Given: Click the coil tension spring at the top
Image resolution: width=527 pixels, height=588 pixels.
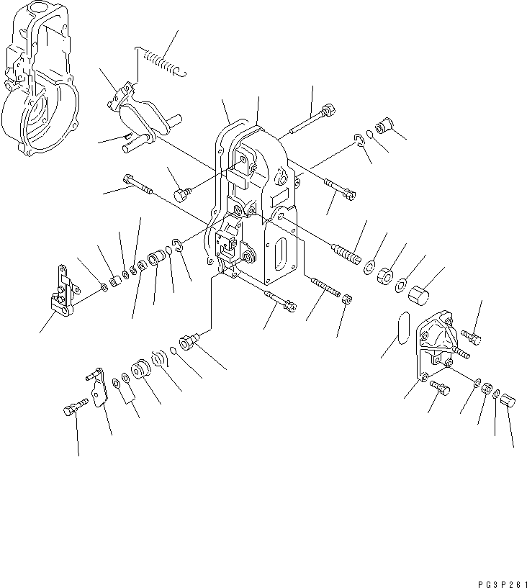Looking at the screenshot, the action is [x=160, y=60].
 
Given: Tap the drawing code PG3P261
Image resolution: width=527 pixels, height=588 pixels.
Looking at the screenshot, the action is [x=503, y=584].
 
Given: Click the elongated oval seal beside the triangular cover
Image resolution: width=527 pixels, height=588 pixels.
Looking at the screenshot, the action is [x=402, y=327].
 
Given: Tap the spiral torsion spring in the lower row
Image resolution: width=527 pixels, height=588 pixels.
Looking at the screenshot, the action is [x=161, y=358].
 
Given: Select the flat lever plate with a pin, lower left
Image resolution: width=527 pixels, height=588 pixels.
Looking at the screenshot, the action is [x=97, y=387].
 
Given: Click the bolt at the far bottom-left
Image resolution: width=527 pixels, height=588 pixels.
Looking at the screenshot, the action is [x=76, y=407].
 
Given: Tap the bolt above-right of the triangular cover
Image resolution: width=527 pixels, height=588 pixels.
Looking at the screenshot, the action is [x=471, y=336].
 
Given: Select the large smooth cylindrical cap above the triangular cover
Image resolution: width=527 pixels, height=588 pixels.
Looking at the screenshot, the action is [x=418, y=296].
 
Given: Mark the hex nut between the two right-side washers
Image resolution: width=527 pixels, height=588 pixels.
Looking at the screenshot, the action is [x=386, y=276].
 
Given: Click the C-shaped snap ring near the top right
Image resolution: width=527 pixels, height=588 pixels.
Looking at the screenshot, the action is [x=359, y=140].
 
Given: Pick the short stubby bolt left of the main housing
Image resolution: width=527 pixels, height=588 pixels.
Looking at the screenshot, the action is [x=183, y=194].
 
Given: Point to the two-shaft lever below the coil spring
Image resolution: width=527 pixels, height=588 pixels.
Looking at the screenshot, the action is [x=145, y=117].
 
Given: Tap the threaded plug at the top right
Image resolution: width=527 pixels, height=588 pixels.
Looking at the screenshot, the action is [x=384, y=126].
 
